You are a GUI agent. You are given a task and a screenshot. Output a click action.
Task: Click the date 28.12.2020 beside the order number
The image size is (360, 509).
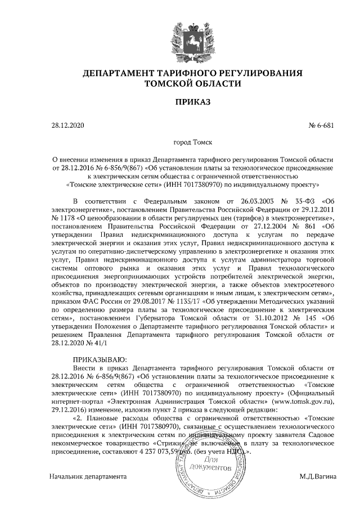(x=67, y=125)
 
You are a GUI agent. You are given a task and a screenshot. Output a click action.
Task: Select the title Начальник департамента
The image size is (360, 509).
(x=87, y=476)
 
